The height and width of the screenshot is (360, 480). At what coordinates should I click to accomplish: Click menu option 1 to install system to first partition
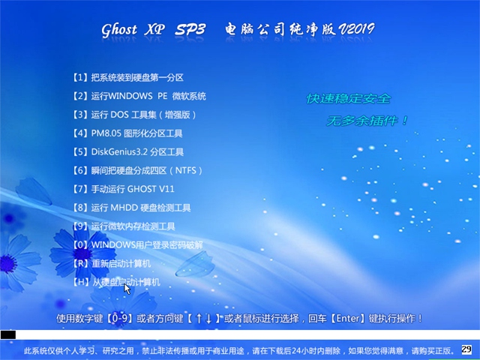pyautogui.click(x=128, y=77)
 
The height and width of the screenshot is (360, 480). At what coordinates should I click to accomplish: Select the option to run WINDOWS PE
pyautogui.click(x=139, y=96)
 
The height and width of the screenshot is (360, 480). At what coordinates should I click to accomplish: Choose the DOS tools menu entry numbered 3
pyautogui.click(x=134, y=115)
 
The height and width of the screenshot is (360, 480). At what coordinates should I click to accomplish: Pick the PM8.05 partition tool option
pyautogui.click(x=127, y=133)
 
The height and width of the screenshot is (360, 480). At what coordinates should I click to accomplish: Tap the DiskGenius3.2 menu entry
pyautogui.click(x=128, y=151)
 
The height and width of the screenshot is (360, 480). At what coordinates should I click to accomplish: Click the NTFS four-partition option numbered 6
pyautogui.click(x=137, y=170)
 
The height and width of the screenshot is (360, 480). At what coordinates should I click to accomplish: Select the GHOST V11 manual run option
pyautogui.click(x=124, y=189)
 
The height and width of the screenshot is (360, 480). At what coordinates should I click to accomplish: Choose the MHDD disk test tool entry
pyautogui.click(x=132, y=208)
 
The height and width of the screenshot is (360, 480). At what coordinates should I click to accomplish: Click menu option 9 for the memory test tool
pyautogui.click(x=124, y=226)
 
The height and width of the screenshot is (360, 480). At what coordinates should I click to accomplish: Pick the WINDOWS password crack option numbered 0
pyautogui.click(x=138, y=245)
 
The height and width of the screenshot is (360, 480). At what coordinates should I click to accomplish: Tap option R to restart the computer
pyautogui.click(x=112, y=263)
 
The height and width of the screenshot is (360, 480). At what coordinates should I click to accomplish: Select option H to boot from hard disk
pyautogui.click(x=116, y=282)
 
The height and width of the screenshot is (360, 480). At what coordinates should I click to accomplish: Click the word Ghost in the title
pyautogui.click(x=119, y=30)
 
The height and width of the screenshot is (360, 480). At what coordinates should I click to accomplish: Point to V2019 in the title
pyautogui.click(x=356, y=29)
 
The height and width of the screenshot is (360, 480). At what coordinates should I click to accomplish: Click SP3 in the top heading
pyautogui.click(x=190, y=29)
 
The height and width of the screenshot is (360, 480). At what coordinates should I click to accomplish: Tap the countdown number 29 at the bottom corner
pyautogui.click(x=466, y=349)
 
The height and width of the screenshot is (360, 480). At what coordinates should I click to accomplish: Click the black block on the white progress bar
pyautogui.click(x=8, y=334)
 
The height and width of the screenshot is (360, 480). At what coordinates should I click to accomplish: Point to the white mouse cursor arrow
pyautogui.click(x=127, y=289)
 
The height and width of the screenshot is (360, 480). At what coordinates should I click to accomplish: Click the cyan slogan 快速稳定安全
pyautogui.click(x=348, y=98)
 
